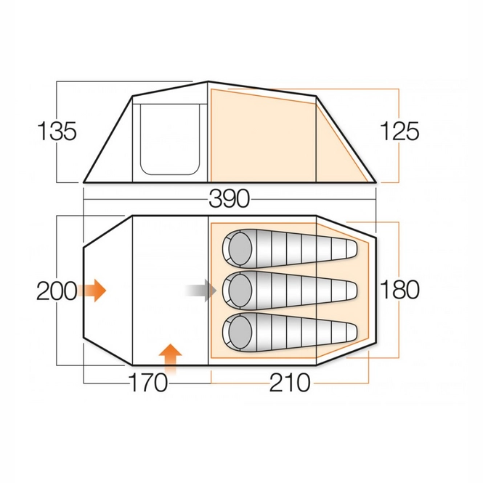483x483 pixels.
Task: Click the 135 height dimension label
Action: click(x=57, y=131)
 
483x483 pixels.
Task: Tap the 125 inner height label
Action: click(x=399, y=131)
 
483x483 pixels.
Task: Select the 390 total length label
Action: click(x=230, y=199)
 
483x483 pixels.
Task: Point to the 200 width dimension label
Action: click(x=57, y=291)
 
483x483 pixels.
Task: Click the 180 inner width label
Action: click(x=399, y=290)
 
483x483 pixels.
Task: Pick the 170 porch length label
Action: click(x=148, y=383)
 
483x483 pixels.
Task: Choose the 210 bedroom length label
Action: click(x=290, y=383)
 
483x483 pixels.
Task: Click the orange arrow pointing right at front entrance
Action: click(x=92, y=291)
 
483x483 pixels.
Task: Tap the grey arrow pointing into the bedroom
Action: click(x=201, y=291)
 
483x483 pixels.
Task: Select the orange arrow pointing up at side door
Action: click(x=171, y=358)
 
